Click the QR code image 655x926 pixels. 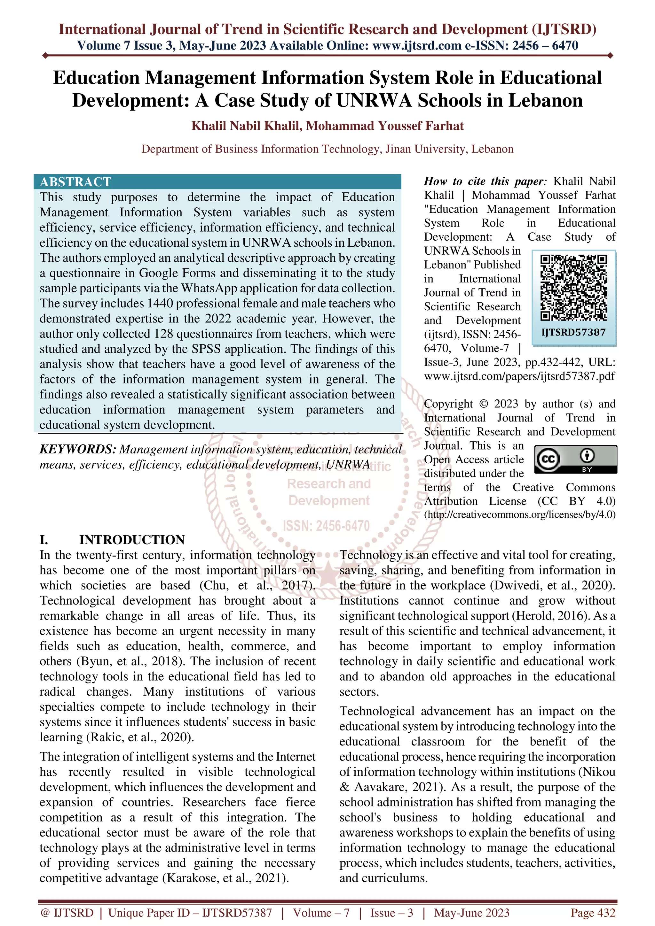pos(573,288)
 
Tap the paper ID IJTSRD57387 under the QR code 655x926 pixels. pos(573,332)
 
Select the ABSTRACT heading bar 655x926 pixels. pos(217,181)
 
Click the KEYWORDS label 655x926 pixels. pos(78,449)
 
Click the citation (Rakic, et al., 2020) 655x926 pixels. pos(140,737)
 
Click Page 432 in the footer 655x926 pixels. pos(592,913)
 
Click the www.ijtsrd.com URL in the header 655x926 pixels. pos(416,46)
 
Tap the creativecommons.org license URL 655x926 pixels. pos(520,515)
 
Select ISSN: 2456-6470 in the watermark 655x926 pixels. pos(326,526)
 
